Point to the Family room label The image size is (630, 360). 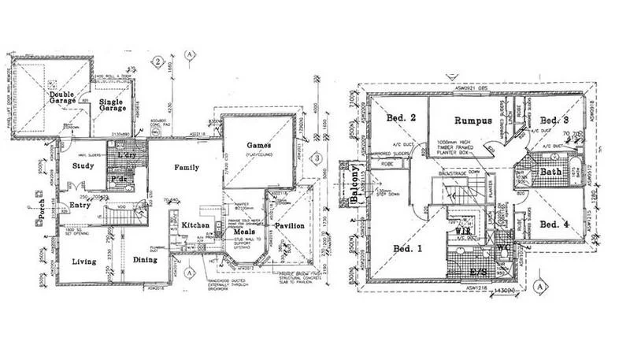186,167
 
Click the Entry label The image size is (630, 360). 80,205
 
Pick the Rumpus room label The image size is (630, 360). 472,121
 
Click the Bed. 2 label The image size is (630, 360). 402,118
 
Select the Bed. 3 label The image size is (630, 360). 555,120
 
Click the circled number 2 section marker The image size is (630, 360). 158,61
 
